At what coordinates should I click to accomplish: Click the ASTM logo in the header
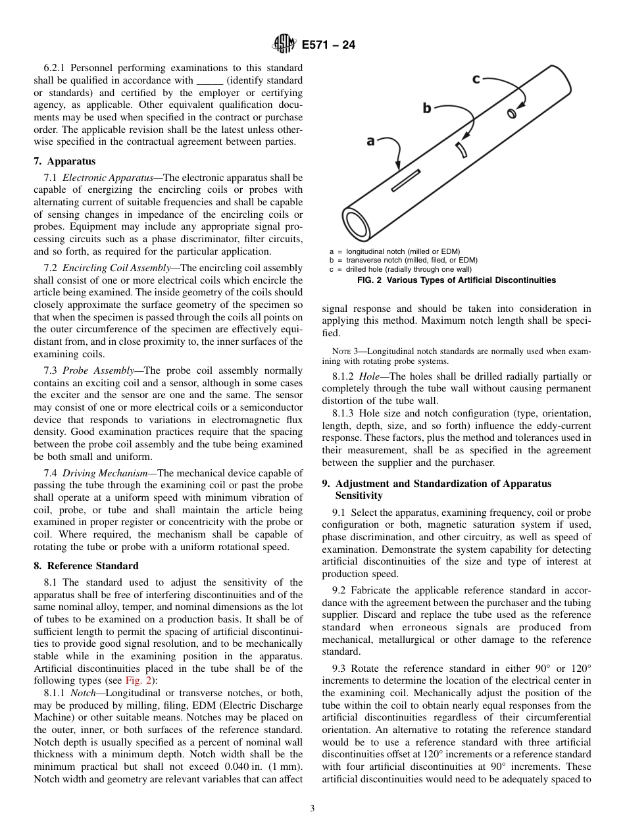(x=284, y=45)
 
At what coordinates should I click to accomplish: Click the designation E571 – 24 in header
(x=328, y=45)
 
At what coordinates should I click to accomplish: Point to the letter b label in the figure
(x=427, y=108)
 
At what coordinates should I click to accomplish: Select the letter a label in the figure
(x=370, y=141)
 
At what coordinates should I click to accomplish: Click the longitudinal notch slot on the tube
(x=405, y=180)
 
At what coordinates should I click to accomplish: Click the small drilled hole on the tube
(x=511, y=113)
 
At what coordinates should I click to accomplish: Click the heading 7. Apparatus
(x=64, y=161)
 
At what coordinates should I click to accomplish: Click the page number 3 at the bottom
(x=312, y=809)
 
